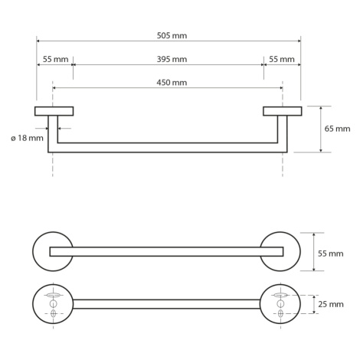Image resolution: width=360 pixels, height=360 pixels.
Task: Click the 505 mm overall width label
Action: click(172, 35)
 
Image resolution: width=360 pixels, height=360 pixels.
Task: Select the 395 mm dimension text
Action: click(172, 59)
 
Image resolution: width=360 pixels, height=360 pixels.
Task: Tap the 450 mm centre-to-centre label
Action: click(172, 83)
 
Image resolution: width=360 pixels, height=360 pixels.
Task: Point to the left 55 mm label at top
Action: click(55, 59)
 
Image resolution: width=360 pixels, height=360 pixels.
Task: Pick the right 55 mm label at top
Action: click(282, 59)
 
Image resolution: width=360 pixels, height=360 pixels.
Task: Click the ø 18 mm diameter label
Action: click(27, 138)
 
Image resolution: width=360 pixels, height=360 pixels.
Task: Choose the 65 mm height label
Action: click(337, 129)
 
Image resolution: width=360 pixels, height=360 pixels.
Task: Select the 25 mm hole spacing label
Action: click(331, 304)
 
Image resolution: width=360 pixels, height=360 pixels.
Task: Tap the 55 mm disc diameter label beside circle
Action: click(330, 254)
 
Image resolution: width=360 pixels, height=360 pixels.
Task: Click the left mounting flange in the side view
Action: click(54, 111)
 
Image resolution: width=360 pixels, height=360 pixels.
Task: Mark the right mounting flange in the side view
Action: click(283, 111)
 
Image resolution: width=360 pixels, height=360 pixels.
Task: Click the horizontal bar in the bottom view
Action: click(166, 304)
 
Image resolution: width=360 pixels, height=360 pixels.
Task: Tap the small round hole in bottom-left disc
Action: click(53, 304)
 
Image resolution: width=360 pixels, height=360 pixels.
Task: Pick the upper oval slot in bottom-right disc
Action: click(280, 295)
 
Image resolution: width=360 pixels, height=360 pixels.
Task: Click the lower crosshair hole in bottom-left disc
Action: click(53, 313)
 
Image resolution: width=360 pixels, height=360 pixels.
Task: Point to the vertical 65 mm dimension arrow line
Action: click(321, 129)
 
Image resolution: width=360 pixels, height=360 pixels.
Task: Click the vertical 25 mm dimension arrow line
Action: click(314, 304)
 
